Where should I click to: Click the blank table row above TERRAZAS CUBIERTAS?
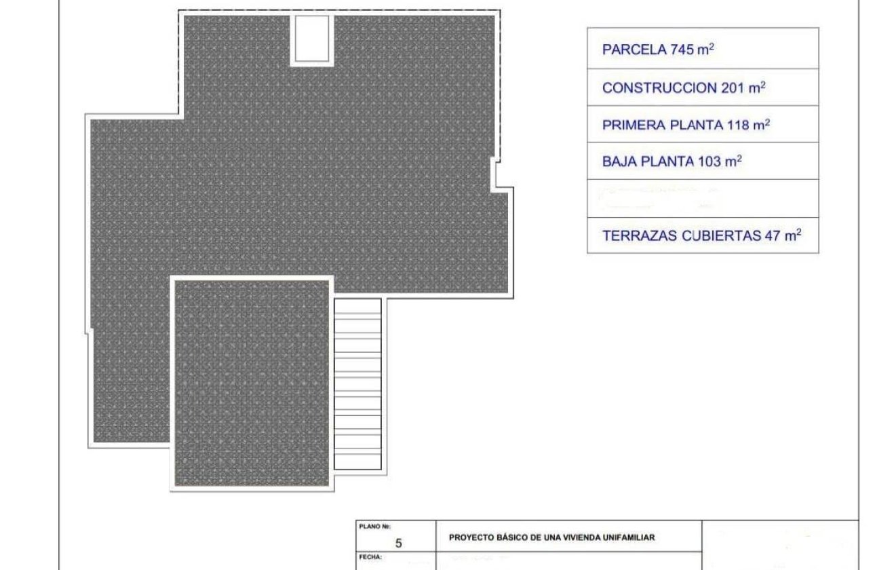click(x=703, y=198)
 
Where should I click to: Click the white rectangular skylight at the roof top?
click(x=312, y=39)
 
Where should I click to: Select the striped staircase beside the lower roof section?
click(x=358, y=383)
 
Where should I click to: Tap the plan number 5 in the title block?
click(x=398, y=543)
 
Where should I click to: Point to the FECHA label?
click(x=371, y=557)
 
